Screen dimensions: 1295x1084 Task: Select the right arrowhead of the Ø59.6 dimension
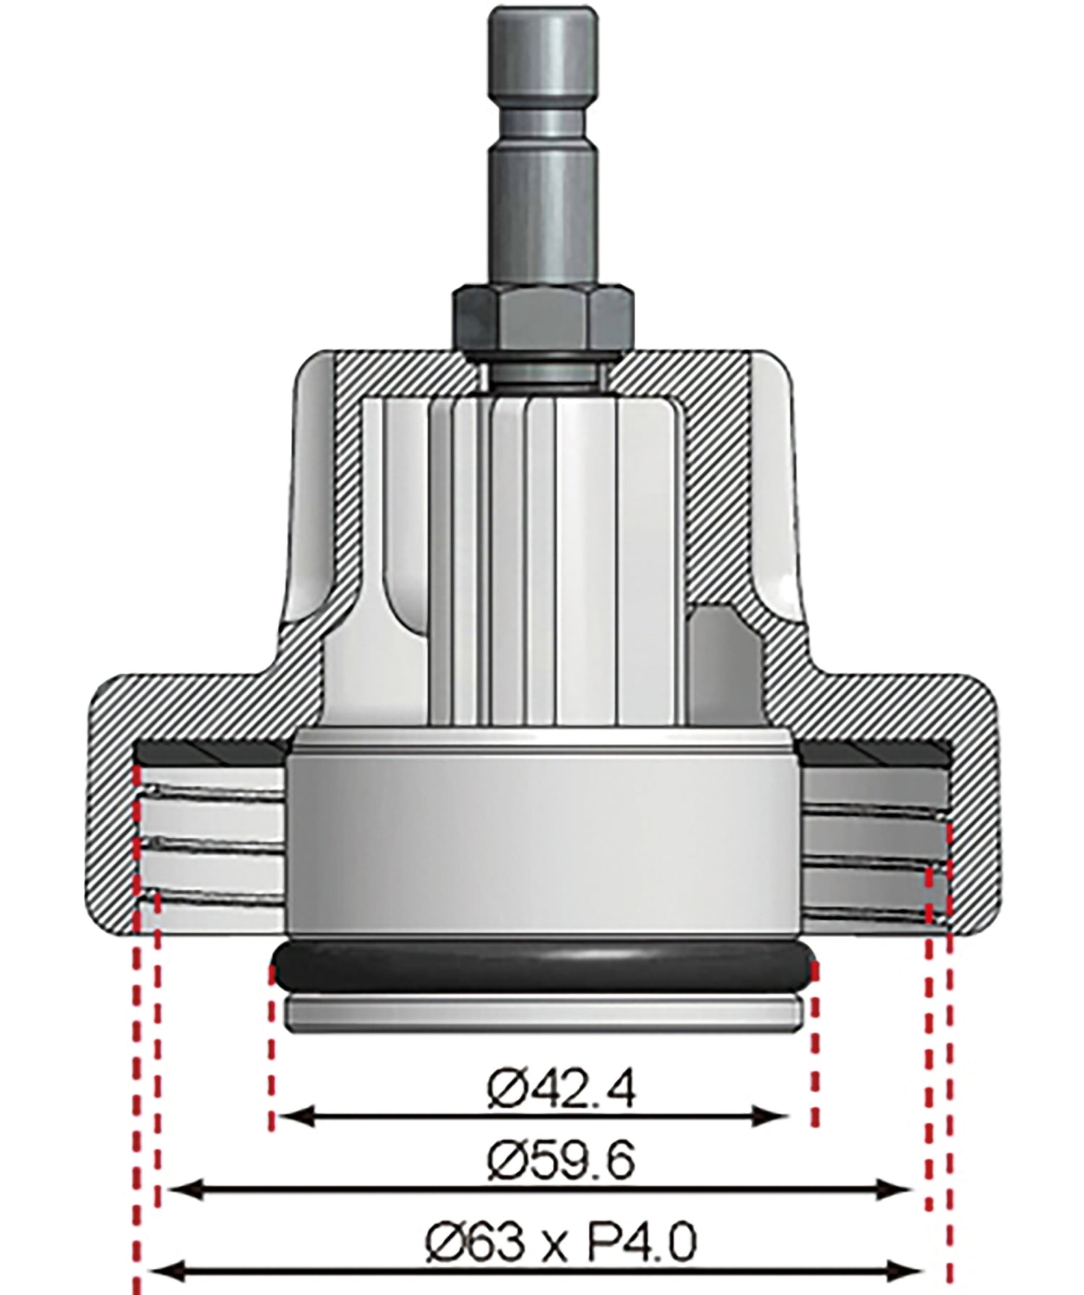(900, 1187)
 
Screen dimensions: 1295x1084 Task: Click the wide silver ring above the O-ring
(543, 839)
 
